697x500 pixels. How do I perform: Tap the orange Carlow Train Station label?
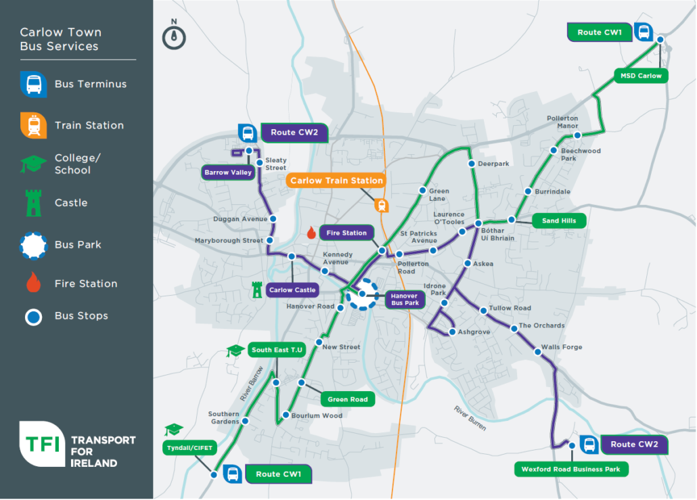coord(336,181)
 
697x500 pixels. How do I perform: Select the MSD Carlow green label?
coord(641,76)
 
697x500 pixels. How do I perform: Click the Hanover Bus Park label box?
coord(405,299)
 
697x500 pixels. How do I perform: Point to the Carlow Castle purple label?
coord(292,290)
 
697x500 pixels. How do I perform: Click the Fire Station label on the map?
coord(346,233)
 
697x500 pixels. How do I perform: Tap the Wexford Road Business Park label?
coord(572,469)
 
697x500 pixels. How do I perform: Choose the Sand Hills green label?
coord(559,221)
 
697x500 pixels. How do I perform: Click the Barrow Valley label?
coord(228,173)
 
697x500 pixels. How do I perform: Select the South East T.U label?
coord(277,350)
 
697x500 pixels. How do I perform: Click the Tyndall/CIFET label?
coord(184,447)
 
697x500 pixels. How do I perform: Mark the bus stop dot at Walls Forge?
coord(537,350)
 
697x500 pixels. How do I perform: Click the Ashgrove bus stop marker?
coord(452,332)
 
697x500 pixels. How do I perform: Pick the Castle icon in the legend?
coord(33,203)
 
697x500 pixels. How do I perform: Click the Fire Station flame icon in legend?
coord(33,283)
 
